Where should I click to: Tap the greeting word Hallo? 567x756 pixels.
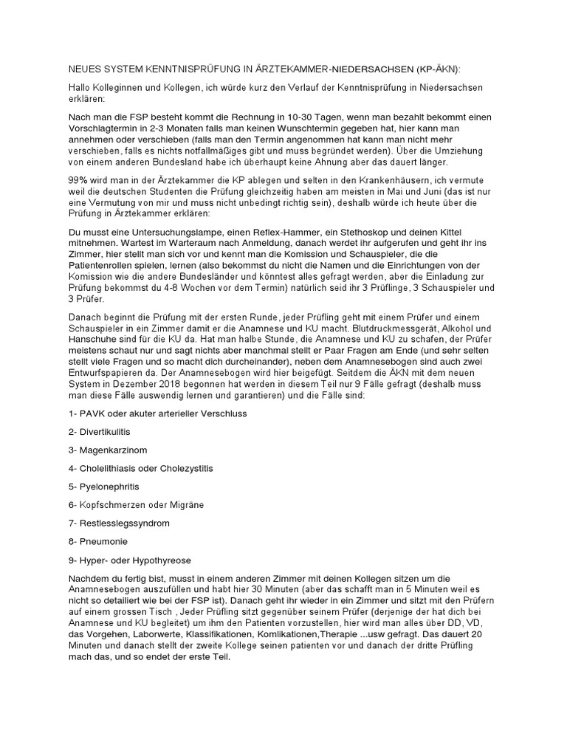[x=80, y=87]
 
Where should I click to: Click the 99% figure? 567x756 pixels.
[x=78, y=180]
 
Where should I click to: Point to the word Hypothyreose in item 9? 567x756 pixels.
[x=162, y=560]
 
